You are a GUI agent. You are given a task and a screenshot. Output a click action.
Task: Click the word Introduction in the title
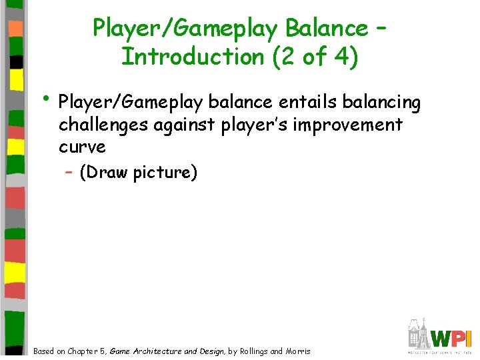(x=191, y=57)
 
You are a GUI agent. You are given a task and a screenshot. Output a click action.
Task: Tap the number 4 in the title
(x=341, y=57)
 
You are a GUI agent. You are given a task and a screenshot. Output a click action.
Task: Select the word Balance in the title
(x=326, y=28)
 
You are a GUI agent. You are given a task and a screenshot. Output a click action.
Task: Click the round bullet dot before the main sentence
(x=47, y=100)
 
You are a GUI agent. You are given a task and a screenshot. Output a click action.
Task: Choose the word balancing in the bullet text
(x=381, y=103)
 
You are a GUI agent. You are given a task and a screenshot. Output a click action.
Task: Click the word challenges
(x=106, y=125)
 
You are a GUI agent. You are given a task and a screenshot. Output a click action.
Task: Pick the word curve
(x=82, y=147)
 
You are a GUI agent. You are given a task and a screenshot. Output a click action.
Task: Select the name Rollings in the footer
(x=253, y=351)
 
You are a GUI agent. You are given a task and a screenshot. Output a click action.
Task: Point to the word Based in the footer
(x=45, y=351)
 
